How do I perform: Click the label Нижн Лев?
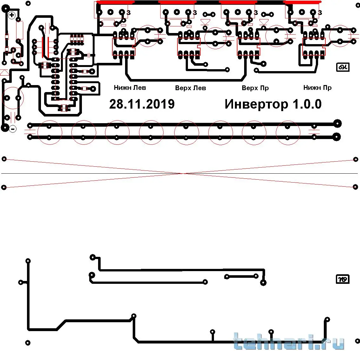pos(130,88)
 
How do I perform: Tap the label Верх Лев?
pos(190,88)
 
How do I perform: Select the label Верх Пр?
pos(255,88)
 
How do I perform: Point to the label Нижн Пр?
pos(317,88)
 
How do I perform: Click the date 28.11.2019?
pos(142,104)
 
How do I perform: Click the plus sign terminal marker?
pos(12,15)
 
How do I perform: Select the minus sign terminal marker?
pos(13,129)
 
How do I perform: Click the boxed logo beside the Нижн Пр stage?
pos(343,67)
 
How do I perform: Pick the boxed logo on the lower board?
pos(343,279)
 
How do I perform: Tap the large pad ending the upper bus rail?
pos(337,123)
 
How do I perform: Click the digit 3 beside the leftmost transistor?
pos(128,13)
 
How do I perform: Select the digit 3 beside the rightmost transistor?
pos(320,13)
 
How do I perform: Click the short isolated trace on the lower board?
pos(241,277)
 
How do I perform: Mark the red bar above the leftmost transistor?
pos(115,2)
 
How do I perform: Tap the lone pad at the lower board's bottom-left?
pos(28,343)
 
